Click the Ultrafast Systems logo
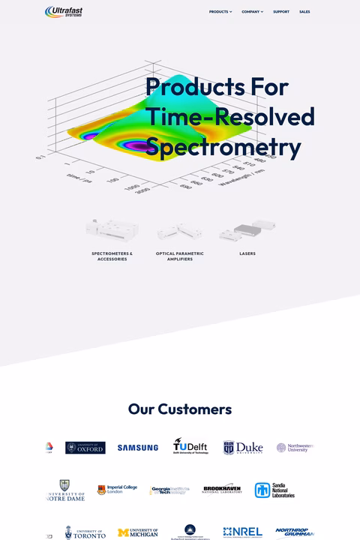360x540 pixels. pyautogui.click(x=64, y=11)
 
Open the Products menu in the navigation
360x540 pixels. pyautogui.click(x=220, y=12)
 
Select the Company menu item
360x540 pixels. pyautogui.click(x=252, y=12)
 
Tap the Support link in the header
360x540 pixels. pyautogui.click(x=281, y=12)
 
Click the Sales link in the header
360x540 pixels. pyautogui.click(x=304, y=12)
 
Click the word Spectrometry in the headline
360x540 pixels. pyautogui.click(x=223, y=146)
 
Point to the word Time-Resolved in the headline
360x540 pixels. pyautogui.click(x=229, y=117)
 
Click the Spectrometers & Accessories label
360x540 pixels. pyautogui.click(x=112, y=256)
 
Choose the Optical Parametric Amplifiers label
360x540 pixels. pyautogui.click(x=180, y=256)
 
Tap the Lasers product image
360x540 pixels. pyautogui.click(x=247, y=231)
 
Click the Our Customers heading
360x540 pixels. pyautogui.click(x=180, y=409)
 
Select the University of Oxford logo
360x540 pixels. pyautogui.click(x=85, y=448)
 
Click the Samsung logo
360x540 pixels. pyautogui.click(x=137, y=448)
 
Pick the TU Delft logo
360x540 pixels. pyautogui.click(x=190, y=447)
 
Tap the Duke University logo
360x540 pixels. pyautogui.click(x=242, y=448)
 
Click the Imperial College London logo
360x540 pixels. pyautogui.click(x=117, y=490)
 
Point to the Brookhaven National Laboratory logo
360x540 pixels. pyautogui.click(x=222, y=490)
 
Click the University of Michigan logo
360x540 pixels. pyautogui.click(x=138, y=533)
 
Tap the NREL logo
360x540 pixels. pyautogui.click(x=243, y=532)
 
